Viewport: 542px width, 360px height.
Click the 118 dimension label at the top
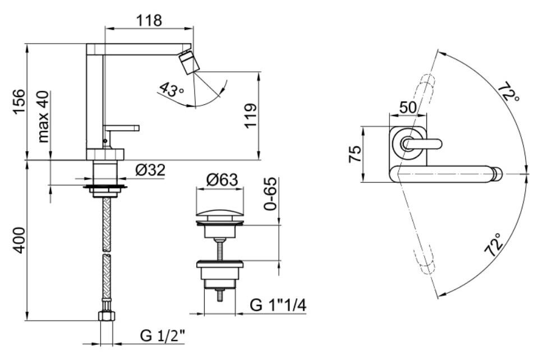(149, 20)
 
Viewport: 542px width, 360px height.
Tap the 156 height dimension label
(19, 101)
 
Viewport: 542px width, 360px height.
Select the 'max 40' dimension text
(44, 117)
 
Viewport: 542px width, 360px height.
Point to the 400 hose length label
(19, 240)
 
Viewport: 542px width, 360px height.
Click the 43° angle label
(171, 89)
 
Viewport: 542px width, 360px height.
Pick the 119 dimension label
(251, 116)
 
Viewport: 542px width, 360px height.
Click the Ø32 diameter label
(150, 170)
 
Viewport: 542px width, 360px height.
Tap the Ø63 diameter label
(222, 179)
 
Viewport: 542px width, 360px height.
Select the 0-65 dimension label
(270, 194)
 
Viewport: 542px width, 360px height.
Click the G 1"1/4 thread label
(278, 306)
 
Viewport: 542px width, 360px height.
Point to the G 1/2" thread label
(163, 335)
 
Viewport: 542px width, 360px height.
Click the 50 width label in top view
(408, 107)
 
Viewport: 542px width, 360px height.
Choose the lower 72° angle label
(493, 244)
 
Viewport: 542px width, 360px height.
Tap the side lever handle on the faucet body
(121, 128)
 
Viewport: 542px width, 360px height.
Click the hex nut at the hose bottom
(106, 316)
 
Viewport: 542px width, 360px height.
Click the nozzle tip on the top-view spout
(498, 173)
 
